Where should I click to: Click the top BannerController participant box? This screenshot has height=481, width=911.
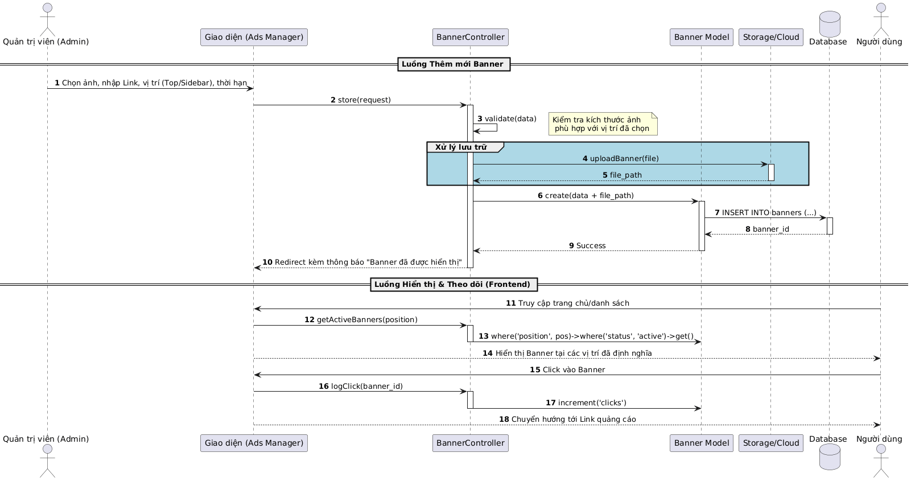(x=470, y=38)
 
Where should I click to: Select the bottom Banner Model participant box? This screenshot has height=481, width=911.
(x=701, y=443)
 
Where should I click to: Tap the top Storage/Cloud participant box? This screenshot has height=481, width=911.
(x=770, y=38)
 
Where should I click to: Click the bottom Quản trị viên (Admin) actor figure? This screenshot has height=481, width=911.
(x=47, y=461)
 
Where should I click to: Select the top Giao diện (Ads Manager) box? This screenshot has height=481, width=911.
(x=254, y=38)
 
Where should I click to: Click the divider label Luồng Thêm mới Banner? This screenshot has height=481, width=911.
(x=453, y=64)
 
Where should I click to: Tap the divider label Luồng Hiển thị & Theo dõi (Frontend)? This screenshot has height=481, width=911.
(x=453, y=285)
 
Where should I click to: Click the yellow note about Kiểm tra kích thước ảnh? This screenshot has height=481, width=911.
(x=603, y=124)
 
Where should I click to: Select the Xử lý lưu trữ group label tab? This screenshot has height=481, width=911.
(x=461, y=147)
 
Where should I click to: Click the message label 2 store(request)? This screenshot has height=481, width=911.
(x=361, y=100)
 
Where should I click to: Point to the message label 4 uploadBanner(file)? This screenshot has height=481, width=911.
(x=620, y=159)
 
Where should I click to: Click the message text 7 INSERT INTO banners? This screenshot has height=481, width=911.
(x=765, y=213)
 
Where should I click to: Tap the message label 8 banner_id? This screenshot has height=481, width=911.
(x=767, y=229)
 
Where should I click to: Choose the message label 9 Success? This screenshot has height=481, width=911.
(x=587, y=246)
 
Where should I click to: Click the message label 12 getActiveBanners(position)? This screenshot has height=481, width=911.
(x=361, y=320)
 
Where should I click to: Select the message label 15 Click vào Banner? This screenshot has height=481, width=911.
(x=567, y=370)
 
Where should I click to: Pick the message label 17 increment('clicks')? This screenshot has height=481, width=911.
(x=586, y=403)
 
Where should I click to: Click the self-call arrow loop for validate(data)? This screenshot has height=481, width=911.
(x=490, y=128)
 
